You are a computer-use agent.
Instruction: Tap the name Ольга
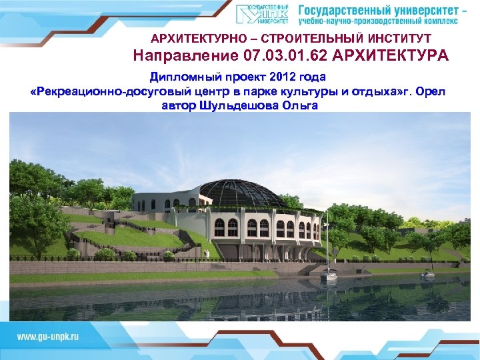303,105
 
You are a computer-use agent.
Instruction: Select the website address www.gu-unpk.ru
47,336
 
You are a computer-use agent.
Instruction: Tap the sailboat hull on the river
329,273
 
